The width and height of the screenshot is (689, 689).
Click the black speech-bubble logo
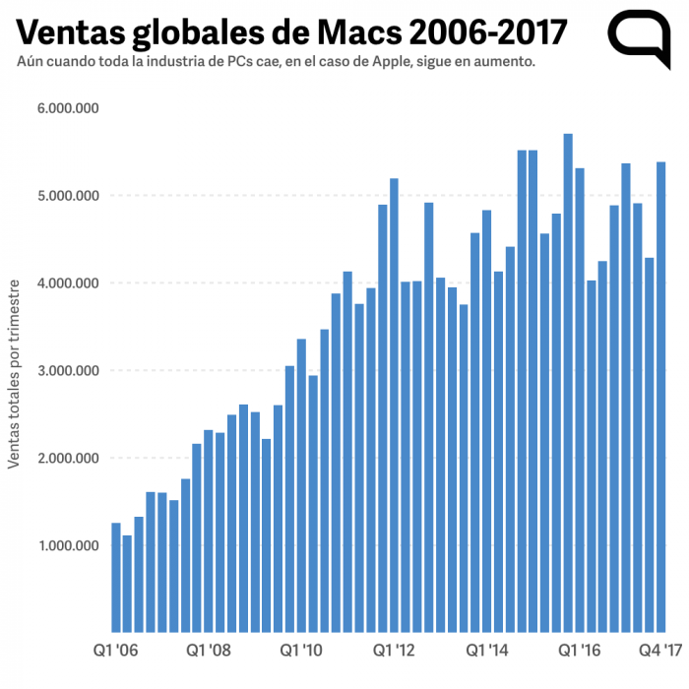pos(639,36)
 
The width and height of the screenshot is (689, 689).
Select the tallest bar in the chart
pos(568,384)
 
